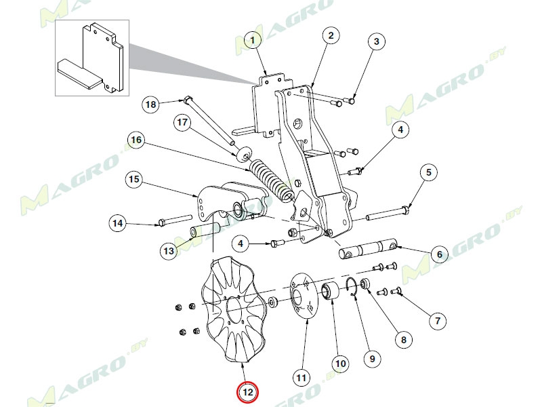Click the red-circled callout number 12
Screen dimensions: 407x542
(x=247, y=392)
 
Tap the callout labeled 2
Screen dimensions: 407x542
(x=330, y=35)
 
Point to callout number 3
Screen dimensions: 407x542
(x=377, y=41)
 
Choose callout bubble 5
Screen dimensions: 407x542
(x=428, y=173)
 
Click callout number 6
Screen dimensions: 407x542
(x=438, y=254)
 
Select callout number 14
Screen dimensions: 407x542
(x=118, y=222)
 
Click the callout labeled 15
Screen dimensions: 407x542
(x=133, y=180)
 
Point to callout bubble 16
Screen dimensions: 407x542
(x=136, y=140)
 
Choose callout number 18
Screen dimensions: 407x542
(x=150, y=104)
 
